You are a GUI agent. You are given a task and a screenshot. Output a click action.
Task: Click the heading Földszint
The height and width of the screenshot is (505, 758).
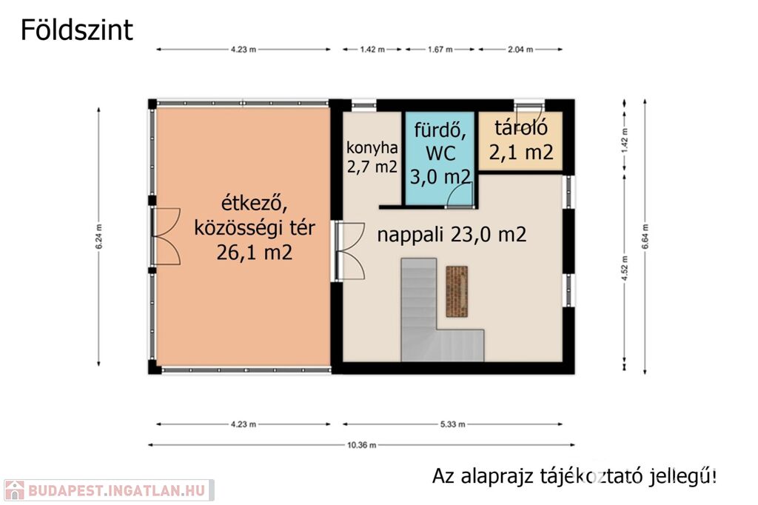76,30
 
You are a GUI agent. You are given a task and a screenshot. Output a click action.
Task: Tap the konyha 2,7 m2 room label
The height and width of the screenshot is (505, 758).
372,157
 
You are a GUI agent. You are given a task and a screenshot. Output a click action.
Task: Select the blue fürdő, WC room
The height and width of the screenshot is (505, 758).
439,158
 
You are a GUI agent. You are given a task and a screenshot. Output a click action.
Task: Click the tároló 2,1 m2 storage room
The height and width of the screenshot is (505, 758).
520,141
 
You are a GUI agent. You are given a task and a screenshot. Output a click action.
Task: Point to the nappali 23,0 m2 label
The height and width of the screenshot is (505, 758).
452,235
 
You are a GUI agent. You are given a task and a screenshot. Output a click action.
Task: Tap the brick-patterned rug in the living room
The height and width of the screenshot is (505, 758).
456,291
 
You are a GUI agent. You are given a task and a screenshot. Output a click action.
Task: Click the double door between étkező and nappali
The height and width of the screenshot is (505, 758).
349,250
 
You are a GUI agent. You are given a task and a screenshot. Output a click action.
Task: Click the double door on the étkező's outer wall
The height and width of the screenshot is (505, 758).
165,236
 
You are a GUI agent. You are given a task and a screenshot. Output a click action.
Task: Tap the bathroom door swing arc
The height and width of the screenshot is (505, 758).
457,195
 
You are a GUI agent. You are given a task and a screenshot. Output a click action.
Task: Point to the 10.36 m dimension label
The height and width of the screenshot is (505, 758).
361,445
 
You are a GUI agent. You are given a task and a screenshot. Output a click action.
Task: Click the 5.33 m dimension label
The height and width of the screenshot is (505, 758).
452,424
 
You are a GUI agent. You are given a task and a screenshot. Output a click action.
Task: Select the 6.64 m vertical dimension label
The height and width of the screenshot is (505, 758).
645,237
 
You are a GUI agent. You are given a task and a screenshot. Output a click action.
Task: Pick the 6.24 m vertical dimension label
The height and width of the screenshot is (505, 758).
98,237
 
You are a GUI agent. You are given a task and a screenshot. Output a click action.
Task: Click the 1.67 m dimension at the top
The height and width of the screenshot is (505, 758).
440,50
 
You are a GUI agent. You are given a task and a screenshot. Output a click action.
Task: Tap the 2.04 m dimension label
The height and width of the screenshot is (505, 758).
520,50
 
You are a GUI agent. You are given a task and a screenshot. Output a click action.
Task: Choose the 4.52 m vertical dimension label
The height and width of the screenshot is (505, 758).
624,269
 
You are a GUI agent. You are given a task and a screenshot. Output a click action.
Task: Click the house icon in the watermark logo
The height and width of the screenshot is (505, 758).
14,490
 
